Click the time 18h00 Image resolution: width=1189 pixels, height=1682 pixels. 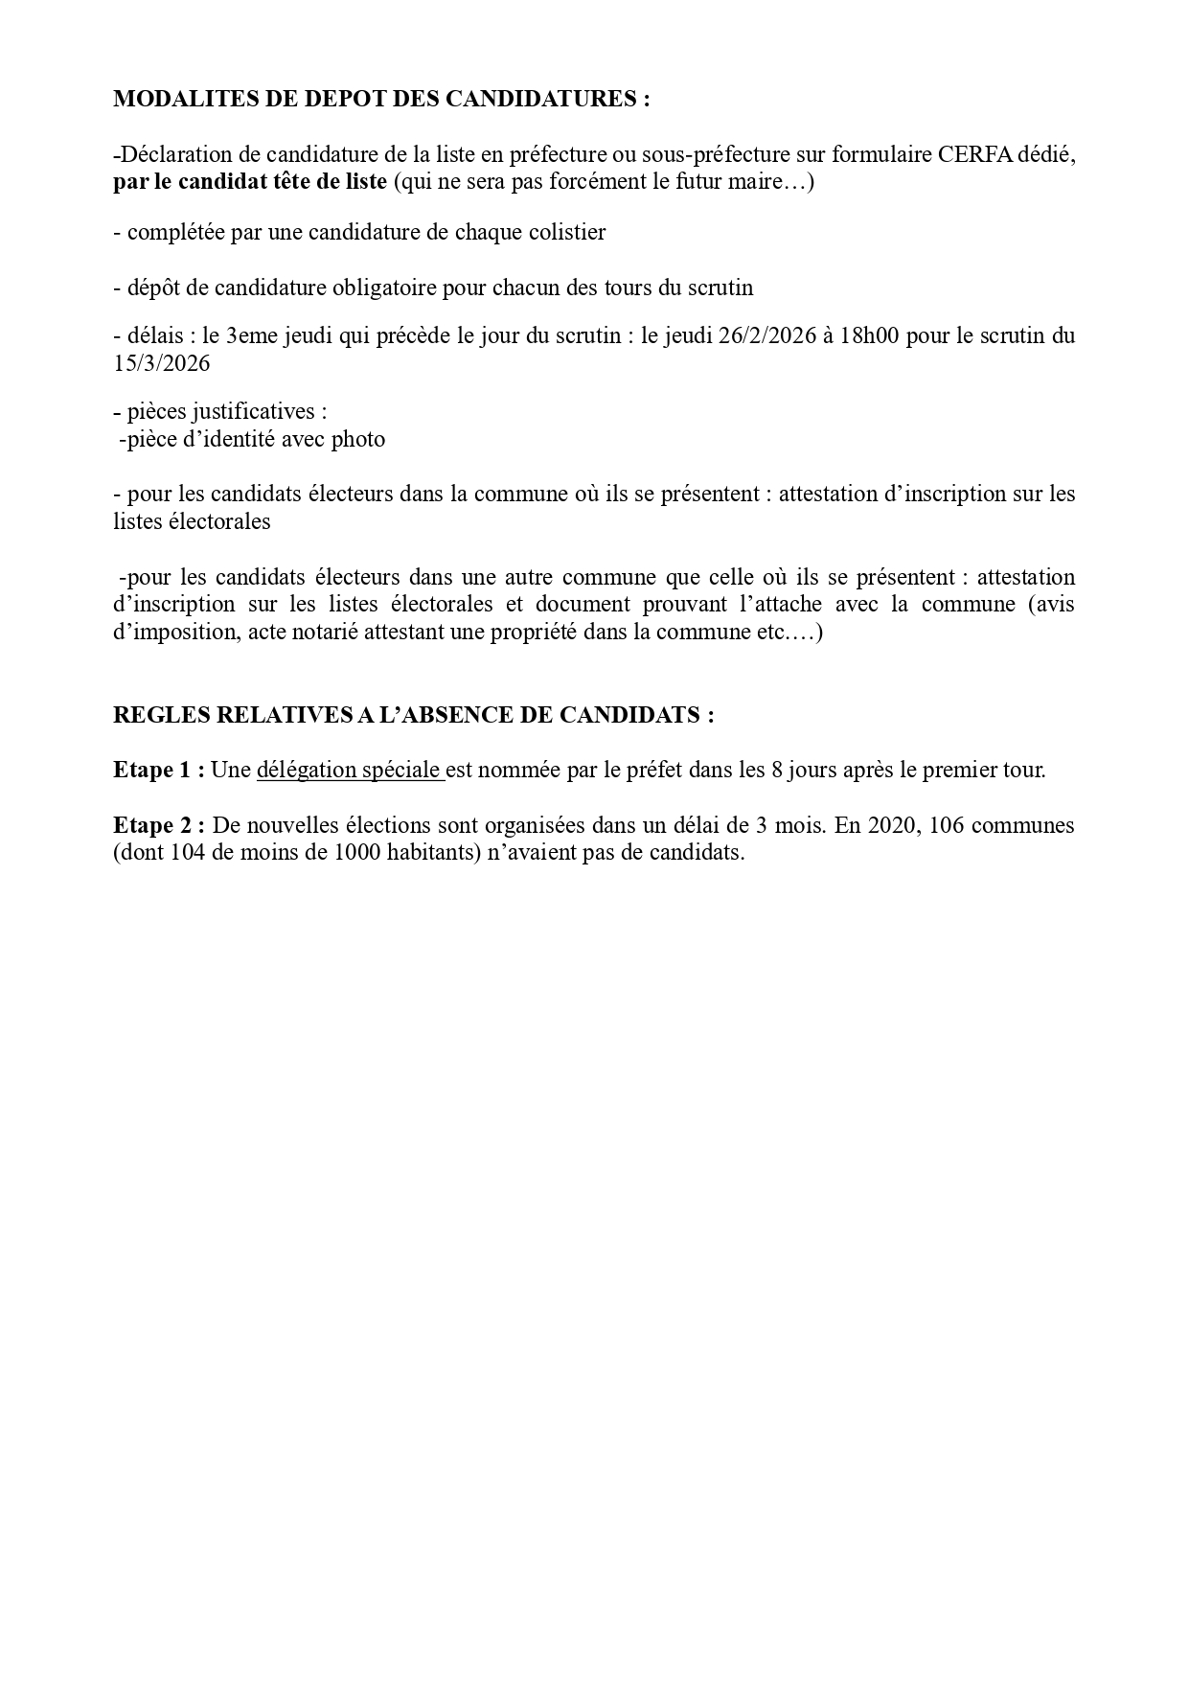pyautogui.click(x=870, y=336)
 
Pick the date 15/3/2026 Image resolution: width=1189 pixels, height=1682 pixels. pyautogui.click(x=161, y=364)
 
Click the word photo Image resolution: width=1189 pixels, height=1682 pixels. pyautogui.click(x=358, y=440)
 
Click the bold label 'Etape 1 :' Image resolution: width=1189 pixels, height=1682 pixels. pyautogui.click(x=158, y=770)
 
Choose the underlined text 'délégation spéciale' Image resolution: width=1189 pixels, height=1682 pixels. pyautogui.click(x=350, y=770)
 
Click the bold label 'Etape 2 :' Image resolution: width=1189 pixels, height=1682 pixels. pyautogui.click(x=158, y=825)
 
